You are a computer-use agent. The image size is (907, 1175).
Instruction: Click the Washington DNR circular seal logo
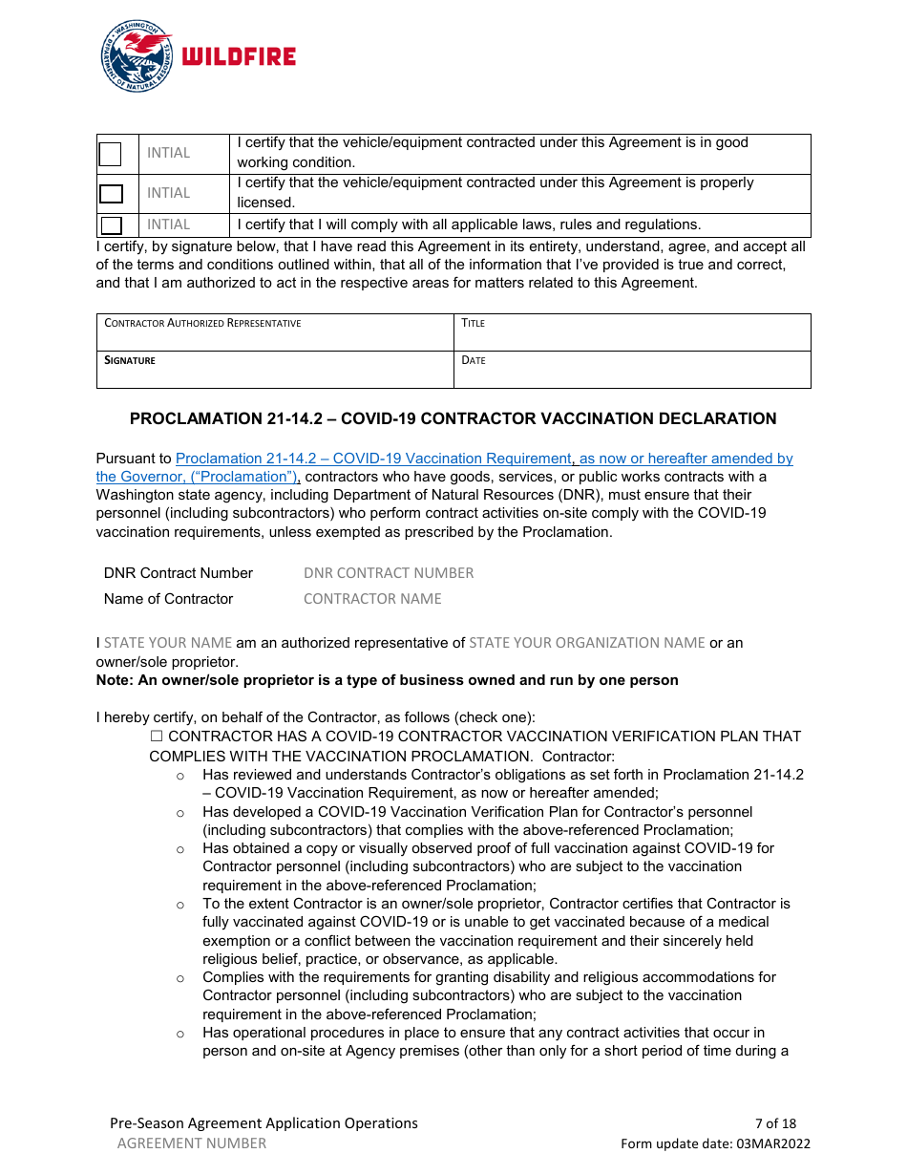click(x=137, y=56)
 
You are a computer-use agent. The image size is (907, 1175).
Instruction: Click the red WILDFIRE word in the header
click(x=239, y=57)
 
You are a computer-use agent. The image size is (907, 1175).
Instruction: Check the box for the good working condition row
click(x=111, y=154)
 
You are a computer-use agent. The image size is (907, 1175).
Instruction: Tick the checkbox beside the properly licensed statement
click(x=112, y=194)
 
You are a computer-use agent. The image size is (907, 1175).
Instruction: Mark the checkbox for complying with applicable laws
click(x=112, y=225)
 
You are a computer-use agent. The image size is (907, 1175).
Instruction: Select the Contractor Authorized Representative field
click(x=275, y=332)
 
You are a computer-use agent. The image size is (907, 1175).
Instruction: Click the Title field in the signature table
click(x=632, y=332)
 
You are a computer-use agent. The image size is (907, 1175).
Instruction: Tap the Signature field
click(x=275, y=370)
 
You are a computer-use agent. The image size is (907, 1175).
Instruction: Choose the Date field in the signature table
click(x=632, y=370)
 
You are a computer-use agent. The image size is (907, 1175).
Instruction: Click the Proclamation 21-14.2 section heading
click(x=453, y=418)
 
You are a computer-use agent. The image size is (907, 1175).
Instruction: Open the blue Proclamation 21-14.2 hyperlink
click(x=372, y=459)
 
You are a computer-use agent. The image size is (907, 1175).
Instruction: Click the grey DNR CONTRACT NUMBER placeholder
click(x=389, y=573)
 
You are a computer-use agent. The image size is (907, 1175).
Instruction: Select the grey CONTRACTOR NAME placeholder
click(x=372, y=599)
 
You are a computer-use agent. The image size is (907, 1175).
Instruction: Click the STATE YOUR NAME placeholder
click(x=168, y=643)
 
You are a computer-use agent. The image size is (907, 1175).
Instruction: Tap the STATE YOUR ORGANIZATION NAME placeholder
click(x=586, y=643)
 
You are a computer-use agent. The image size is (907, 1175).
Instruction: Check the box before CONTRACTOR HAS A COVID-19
click(x=157, y=737)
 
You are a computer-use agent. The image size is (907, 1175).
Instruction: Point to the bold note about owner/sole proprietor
click(x=387, y=680)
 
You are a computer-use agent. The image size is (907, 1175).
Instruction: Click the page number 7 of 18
click(x=775, y=1123)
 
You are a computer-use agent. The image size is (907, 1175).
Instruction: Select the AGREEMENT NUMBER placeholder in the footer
click(x=192, y=1143)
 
